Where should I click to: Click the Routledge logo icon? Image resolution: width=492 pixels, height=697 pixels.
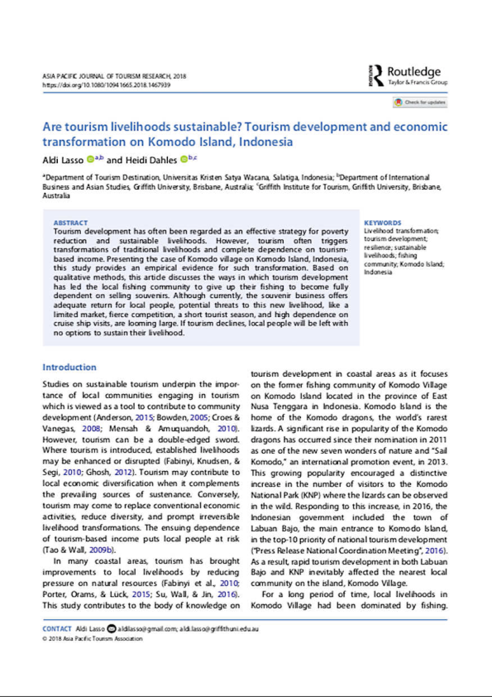pos(378,76)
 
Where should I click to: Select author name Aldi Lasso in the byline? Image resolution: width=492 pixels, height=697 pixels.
pos(62,159)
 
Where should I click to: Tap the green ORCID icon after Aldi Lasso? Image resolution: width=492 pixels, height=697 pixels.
pos(88,158)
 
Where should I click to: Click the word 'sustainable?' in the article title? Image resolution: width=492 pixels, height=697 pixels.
pos(187,128)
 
